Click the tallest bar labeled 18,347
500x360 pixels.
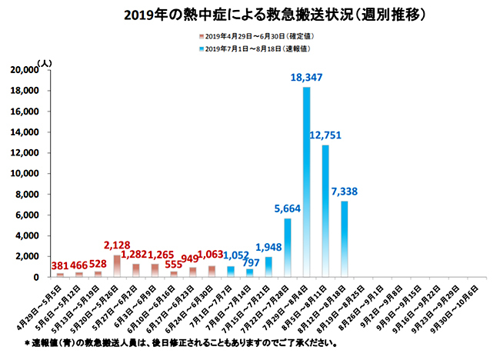pyautogui.click(x=306, y=182)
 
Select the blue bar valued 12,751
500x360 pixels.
pyautogui.click(x=325, y=211)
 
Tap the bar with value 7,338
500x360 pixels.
pyautogui.click(x=344, y=238)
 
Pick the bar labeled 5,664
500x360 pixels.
pyautogui.click(x=287, y=247)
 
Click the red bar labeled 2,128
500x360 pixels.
pyautogui.click(x=117, y=265)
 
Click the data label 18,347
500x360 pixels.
pyautogui.click(x=306, y=78)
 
